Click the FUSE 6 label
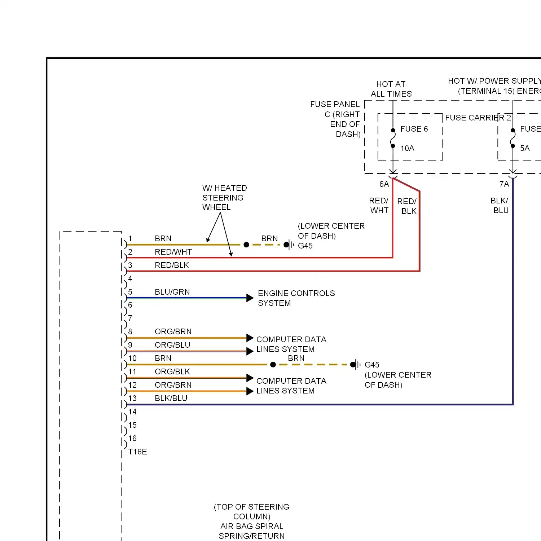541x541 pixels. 414,129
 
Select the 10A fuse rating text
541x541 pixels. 407,148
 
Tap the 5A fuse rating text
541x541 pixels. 525,148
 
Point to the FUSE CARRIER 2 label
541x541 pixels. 478,118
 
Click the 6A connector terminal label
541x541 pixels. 384,184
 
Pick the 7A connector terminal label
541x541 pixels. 504,184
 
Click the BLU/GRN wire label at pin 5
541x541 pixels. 172,292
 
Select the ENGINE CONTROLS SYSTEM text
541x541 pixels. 296,298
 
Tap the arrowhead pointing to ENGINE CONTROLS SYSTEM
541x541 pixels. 250,298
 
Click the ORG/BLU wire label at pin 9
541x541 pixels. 172,345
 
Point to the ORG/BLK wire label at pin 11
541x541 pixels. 172,371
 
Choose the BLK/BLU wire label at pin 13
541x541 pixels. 171,398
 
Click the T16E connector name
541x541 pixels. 138,452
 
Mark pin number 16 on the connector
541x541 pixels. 132,438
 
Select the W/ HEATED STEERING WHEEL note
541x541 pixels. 225,197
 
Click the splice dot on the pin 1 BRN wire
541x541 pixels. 246,245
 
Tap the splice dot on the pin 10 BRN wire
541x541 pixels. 273,365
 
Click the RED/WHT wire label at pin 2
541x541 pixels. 173,252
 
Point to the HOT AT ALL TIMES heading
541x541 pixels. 391,89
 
